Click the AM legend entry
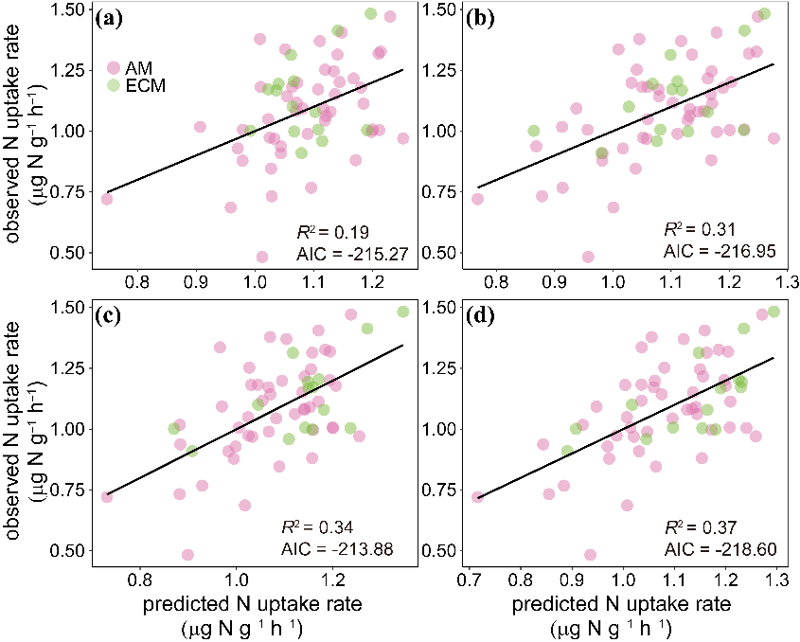pyautogui.click(x=132, y=67)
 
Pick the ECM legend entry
pyautogui.click(x=137, y=85)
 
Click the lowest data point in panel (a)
pyautogui.click(x=262, y=256)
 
